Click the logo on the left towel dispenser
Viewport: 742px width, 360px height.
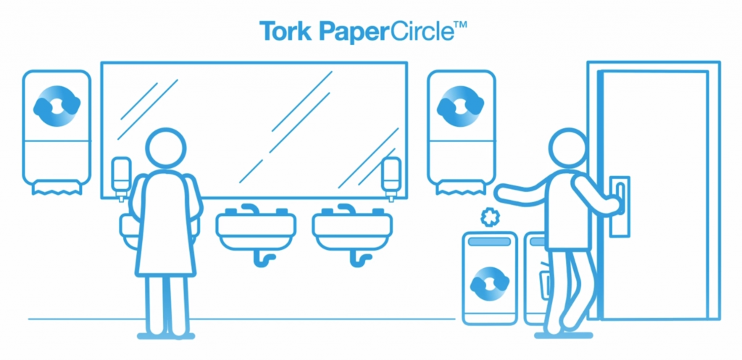[x=57, y=106]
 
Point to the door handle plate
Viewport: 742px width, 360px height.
[x=620, y=206]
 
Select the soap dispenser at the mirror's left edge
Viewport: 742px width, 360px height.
[x=121, y=179]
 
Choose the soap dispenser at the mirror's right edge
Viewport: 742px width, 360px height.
[x=391, y=179]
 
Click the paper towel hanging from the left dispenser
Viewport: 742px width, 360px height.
[x=57, y=188]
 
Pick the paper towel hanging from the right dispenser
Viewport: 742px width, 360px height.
[x=460, y=188]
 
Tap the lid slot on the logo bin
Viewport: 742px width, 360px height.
[x=489, y=241]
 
